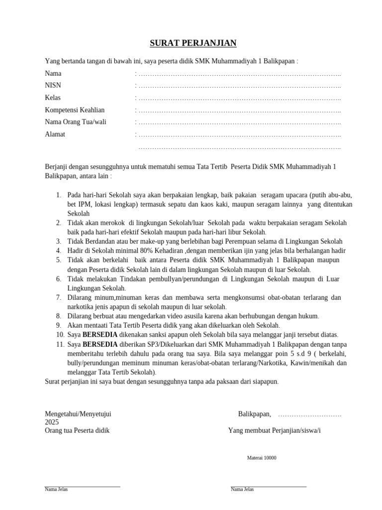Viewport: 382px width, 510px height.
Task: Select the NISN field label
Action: coord(53,86)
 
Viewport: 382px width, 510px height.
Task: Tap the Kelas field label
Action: coord(53,98)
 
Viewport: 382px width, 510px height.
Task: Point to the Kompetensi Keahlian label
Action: coord(75,110)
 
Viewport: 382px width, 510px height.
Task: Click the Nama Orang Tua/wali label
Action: coord(76,122)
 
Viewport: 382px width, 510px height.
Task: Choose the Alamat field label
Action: coord(55,134)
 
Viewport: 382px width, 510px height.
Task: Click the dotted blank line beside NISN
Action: coord(239,86)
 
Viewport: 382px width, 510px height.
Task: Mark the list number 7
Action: coord(58,297)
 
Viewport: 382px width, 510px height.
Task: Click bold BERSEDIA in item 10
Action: coord(100,335)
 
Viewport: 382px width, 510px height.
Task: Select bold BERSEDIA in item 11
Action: coord(100,344)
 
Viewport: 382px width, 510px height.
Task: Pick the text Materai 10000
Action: coord(262,458)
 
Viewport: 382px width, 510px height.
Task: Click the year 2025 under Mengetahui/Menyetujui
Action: coord(52,422)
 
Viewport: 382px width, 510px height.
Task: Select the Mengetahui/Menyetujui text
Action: coord(78,414)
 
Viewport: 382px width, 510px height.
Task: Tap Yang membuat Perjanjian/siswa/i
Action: coord(275,431)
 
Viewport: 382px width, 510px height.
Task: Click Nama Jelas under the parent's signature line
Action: coord(56,489)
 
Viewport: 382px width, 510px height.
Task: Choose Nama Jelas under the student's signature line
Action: coord(242,489)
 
